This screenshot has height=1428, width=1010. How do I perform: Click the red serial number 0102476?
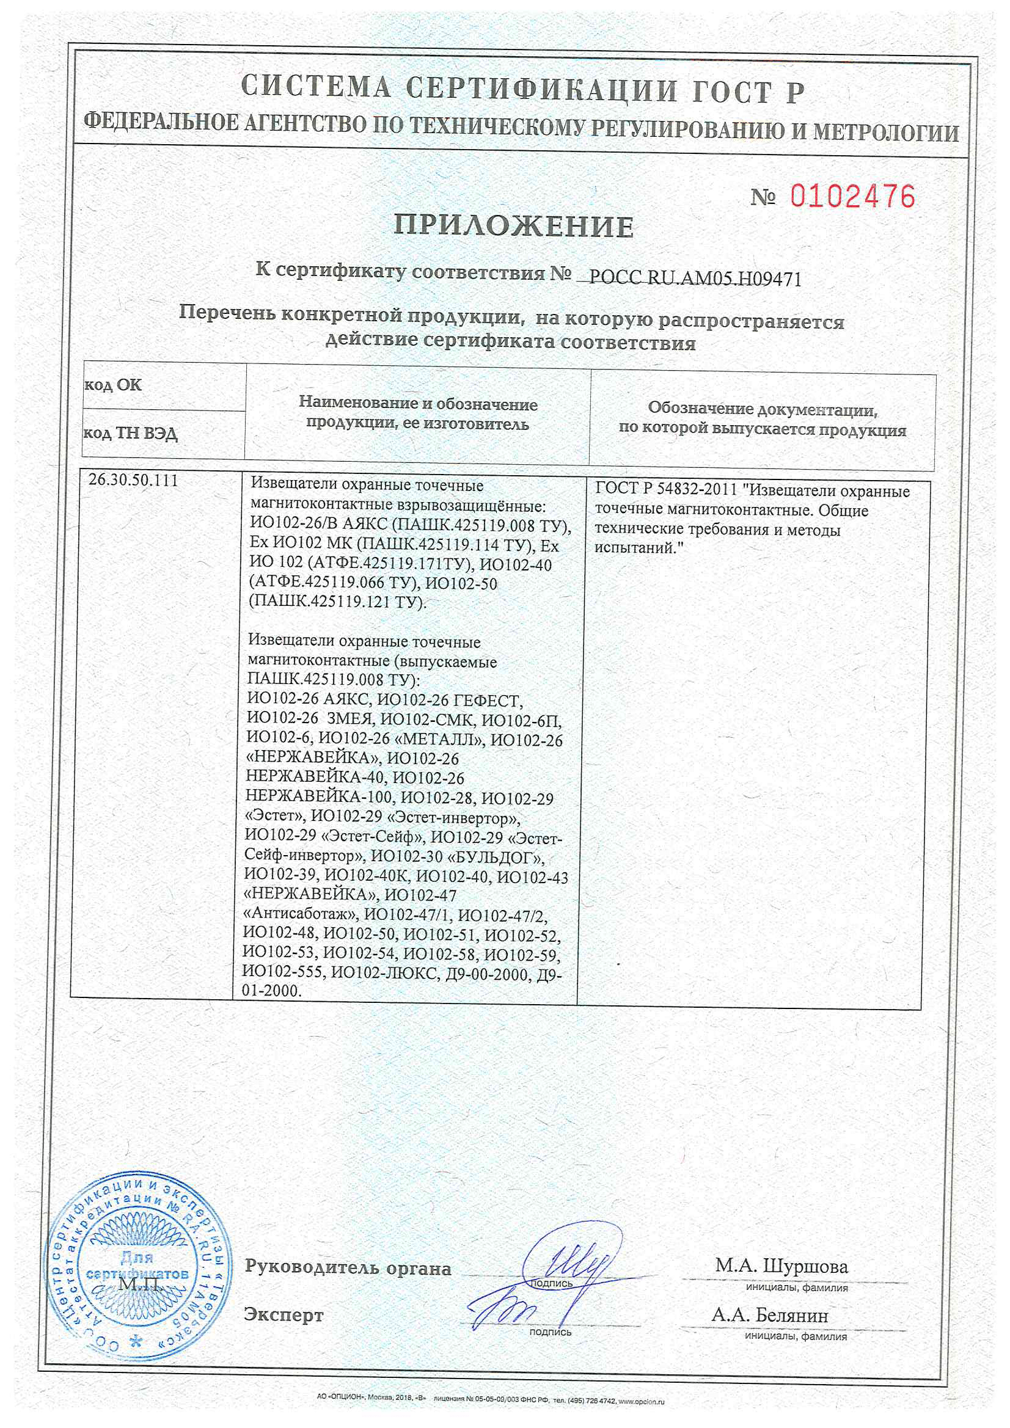852,197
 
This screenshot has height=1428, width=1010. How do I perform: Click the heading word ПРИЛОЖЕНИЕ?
514,227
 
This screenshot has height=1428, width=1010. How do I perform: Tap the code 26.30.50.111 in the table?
133,480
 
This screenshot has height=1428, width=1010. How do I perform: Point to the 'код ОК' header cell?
113,385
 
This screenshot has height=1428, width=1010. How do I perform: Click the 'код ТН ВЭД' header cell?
131,433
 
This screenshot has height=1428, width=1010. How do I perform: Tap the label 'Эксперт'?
284,1314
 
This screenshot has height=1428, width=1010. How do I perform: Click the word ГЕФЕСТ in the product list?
487,701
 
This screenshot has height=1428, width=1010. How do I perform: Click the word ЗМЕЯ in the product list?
349,720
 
